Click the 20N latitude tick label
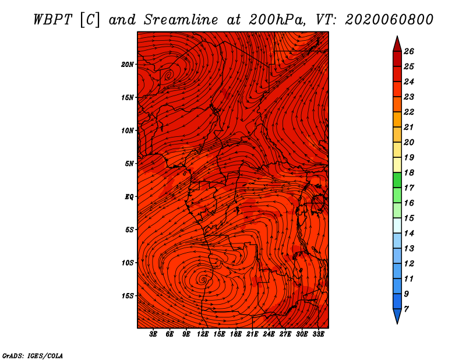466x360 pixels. click(128, 64)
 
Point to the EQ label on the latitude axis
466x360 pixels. click(129, 196)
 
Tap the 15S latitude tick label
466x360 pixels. click(128, 295)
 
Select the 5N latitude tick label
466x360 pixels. click(129, 163)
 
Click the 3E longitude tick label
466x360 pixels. click(154, 334)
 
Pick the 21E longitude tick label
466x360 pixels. click(252, 334)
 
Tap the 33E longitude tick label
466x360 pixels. click(318, 334)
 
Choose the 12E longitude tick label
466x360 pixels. click(203, 334)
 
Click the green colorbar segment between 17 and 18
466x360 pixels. click(397, 180)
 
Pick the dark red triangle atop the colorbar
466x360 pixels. click(397, 44)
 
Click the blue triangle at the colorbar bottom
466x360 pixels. click(397, 316)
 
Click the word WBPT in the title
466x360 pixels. click(52, 19)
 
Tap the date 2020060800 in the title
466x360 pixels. click(389, 19)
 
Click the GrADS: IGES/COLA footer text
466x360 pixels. click(32, 355)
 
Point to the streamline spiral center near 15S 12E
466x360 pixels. click(203, 280)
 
